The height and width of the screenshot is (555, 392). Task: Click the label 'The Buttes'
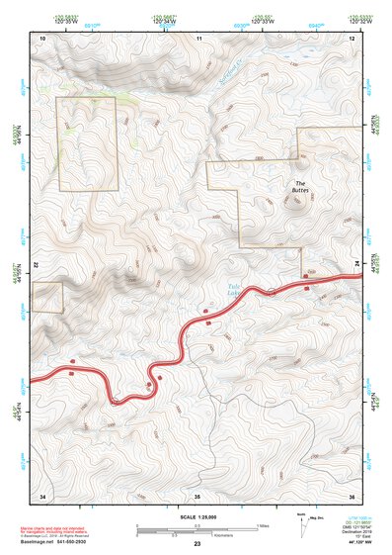301,186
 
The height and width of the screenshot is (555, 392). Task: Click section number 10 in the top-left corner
42,38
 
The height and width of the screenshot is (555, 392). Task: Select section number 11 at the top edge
198,38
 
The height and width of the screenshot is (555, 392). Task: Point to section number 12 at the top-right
353,38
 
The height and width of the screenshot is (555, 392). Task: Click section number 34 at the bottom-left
42,494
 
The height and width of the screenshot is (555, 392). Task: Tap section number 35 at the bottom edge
196,494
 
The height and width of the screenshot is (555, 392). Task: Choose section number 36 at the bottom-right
353,494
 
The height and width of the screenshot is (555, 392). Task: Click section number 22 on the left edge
36,266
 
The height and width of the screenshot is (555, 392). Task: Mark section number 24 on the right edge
358,261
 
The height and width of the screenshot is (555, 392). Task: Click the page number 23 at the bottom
197,544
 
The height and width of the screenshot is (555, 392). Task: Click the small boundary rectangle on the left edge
46,297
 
